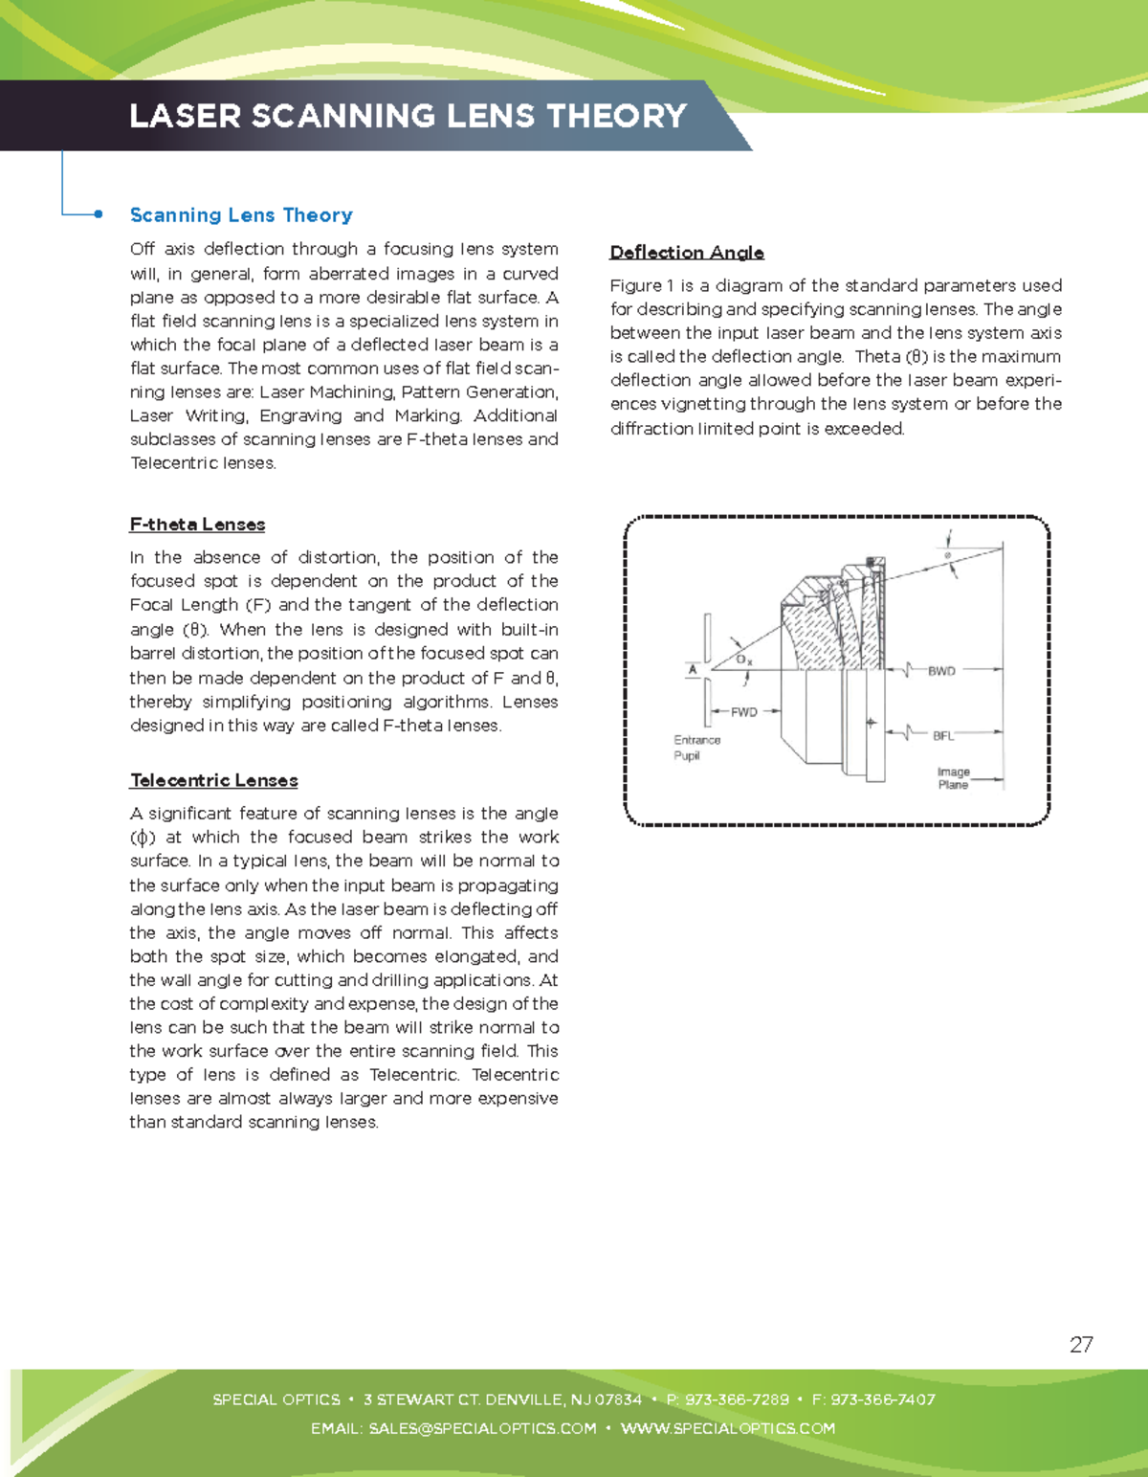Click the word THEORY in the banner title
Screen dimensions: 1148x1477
(x=616, y=116)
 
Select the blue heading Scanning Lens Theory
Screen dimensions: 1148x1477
(x=241, y=215)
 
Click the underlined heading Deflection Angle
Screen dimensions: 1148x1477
(x=687, y=253)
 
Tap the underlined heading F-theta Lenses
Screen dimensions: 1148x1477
(x=197, y=525)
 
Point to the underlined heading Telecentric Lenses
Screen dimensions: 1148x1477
(x=213, y=780)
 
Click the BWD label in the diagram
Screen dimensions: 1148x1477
(x=941, y=671)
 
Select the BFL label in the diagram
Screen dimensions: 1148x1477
(x=943, y=735)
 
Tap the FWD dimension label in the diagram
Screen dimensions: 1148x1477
(x=743, y=711)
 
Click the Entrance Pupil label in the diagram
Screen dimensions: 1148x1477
(x=695, y=748)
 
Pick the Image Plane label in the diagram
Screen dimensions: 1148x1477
(x=953, y=778)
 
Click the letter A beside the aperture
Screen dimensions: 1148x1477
(x=693, y=670)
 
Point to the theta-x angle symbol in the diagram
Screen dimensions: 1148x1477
(x=744, y=660)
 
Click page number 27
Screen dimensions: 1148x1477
(x=1081, y=1344)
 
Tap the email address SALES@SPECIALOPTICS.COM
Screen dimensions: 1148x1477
(x=482, y=1428)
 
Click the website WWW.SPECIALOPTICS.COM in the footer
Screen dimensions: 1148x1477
(x=727, y=1428)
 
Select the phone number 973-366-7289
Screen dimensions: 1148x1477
(x=737, y=1399)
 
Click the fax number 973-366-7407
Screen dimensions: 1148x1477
(x=882, y=1399)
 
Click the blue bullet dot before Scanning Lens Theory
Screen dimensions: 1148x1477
(x=99, y=214)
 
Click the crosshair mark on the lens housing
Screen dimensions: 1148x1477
(x=871, y=723)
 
